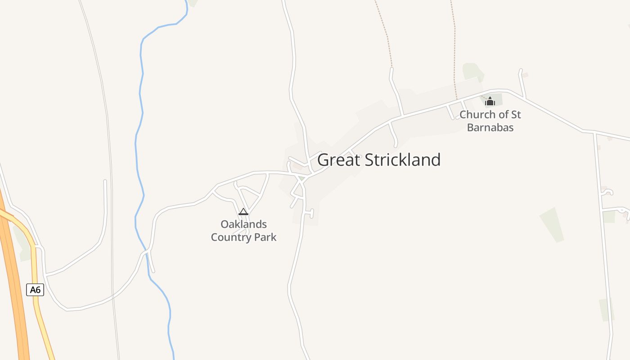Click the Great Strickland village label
(x=379, y=160)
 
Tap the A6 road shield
(x=35, y=290)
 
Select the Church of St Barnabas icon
(x=490, y=101)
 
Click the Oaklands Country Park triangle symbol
(x=243, y=211)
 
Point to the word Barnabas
(x=490, y=127)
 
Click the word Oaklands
(x=243, y=224)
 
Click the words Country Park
(x=243, y=237)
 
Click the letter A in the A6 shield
(x=33, y=290)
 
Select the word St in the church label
(x=516, y=115)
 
